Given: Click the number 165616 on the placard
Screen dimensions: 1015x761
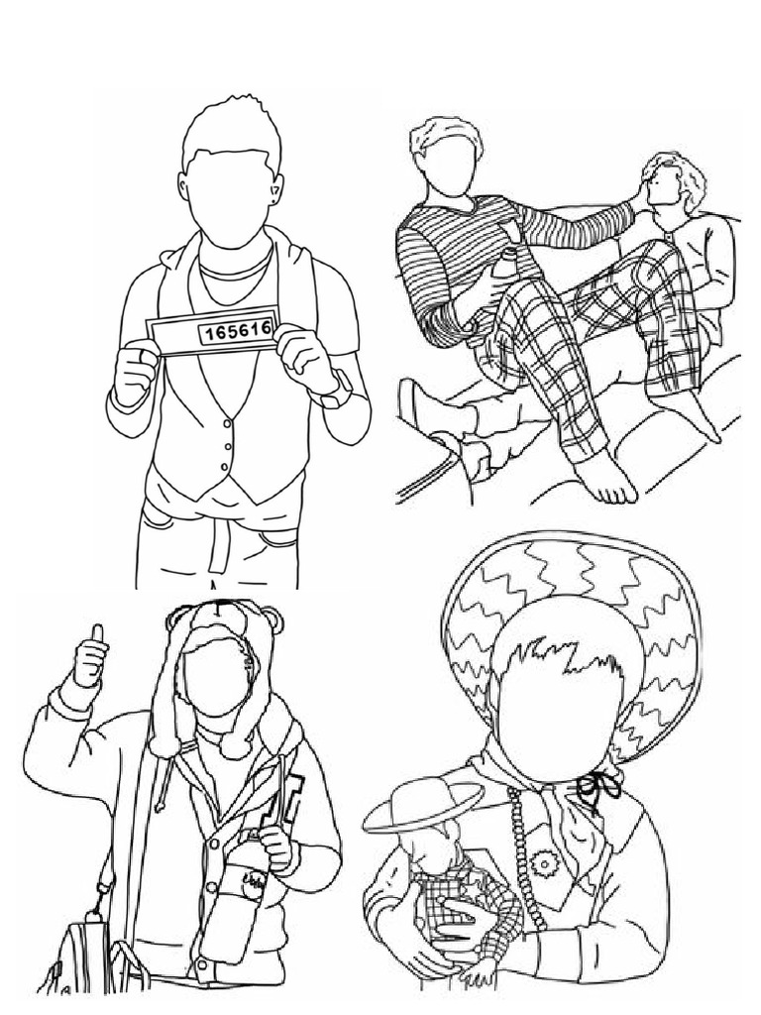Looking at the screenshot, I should click(236, 332).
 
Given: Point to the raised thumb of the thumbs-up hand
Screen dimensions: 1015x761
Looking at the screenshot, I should click(98, 635).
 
